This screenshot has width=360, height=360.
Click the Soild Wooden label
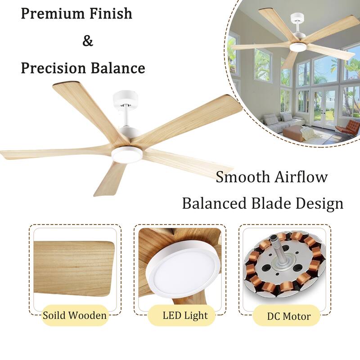pos(75,315)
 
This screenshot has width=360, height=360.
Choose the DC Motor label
pos(288,316)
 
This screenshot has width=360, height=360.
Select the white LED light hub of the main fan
pos(127,153)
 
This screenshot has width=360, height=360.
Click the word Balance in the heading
pos(118,68)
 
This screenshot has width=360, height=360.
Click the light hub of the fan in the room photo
pos(297,46)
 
